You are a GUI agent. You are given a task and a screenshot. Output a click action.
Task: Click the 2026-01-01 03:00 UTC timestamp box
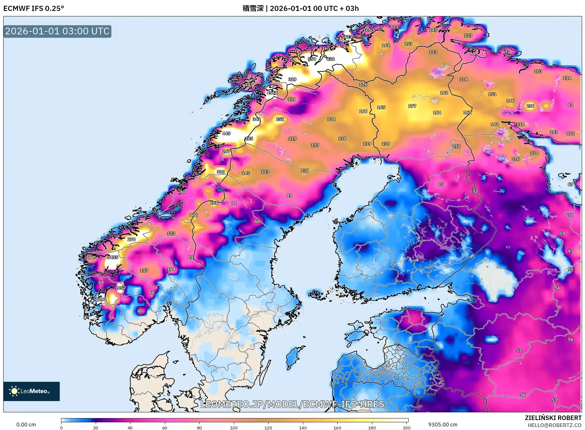57,31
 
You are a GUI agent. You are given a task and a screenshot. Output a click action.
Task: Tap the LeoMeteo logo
31,391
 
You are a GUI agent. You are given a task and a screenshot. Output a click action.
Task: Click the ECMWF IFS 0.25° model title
34,8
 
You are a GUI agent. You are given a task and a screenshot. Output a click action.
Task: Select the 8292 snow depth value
101,300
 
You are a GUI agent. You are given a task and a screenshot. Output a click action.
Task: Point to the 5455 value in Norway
113,257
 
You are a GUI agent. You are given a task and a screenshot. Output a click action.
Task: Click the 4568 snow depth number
272,93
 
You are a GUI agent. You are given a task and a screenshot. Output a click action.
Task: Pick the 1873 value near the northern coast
347,37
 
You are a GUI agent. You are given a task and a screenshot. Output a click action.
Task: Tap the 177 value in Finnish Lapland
412,106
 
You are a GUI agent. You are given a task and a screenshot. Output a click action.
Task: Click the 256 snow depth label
530,106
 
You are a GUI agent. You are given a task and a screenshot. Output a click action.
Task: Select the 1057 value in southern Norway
121,288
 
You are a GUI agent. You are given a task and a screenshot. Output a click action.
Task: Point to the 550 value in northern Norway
312,59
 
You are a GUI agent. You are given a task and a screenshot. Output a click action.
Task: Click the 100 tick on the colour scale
234,428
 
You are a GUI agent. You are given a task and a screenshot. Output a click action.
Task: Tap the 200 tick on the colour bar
407,428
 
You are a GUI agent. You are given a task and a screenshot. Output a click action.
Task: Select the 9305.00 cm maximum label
443,425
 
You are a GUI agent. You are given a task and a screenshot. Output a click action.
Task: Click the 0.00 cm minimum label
26,425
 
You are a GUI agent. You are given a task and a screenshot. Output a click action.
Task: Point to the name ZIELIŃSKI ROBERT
553,418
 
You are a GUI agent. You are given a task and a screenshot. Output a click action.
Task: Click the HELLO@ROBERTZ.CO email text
554,425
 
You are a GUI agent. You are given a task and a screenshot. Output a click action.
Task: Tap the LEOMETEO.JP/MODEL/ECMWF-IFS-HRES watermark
292,404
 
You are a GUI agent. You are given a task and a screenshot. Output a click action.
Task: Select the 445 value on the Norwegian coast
226,133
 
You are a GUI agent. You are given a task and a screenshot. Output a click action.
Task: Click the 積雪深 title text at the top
253,8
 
